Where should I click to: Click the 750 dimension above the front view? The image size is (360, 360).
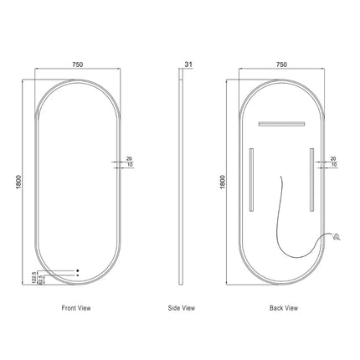pyautogui.click(x=76, y=63)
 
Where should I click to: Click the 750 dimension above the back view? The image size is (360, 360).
pyautogui.click(x=281, y=63)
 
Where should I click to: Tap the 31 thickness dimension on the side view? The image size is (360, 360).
pyautogui.click(x=189, y=63)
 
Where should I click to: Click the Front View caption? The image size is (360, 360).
pyautogui.click(x=76, y=309)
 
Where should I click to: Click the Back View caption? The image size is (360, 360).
pyautogui.click(x=283, y=309)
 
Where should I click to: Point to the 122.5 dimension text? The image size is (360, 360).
pyautogui.click(x=33, y=277)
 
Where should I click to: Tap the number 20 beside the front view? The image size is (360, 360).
pyautogui.click(x=129, y=157)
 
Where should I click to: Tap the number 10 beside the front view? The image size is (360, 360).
pyautogui.click(x=129, y=165)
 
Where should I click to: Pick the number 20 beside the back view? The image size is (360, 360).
pyautogui.click(x=333, y=157)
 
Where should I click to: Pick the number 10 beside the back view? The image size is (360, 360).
pyautogui.click(x=333, y=165)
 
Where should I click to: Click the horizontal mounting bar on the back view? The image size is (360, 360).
pyautogui.click(x=281, y=124)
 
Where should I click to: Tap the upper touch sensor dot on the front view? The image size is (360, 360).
pyautogui.click(x=78, y=270)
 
